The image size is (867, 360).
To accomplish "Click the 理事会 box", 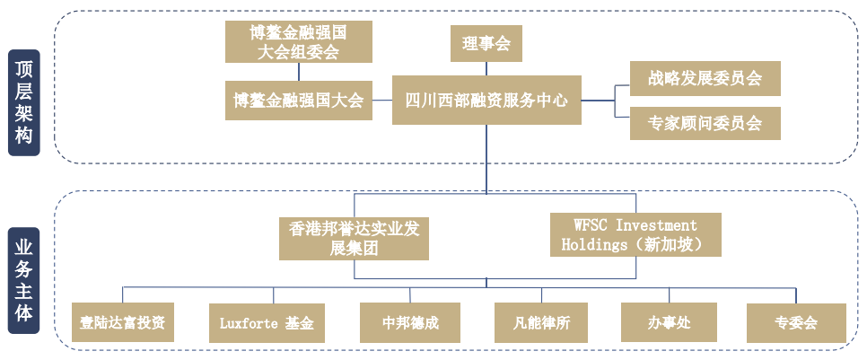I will [486, 43].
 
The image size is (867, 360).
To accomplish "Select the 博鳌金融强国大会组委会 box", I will [299, 42].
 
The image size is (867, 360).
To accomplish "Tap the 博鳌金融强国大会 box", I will [299, 100].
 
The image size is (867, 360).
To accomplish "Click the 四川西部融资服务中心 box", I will [486, 100].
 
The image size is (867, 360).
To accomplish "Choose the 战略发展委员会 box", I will [705, 78].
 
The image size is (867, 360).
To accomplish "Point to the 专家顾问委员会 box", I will [705, 123].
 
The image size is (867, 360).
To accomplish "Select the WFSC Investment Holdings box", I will [635, 234].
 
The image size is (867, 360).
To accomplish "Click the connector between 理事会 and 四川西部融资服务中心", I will [486, 69].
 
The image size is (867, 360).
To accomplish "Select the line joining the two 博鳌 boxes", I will [299, 72].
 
